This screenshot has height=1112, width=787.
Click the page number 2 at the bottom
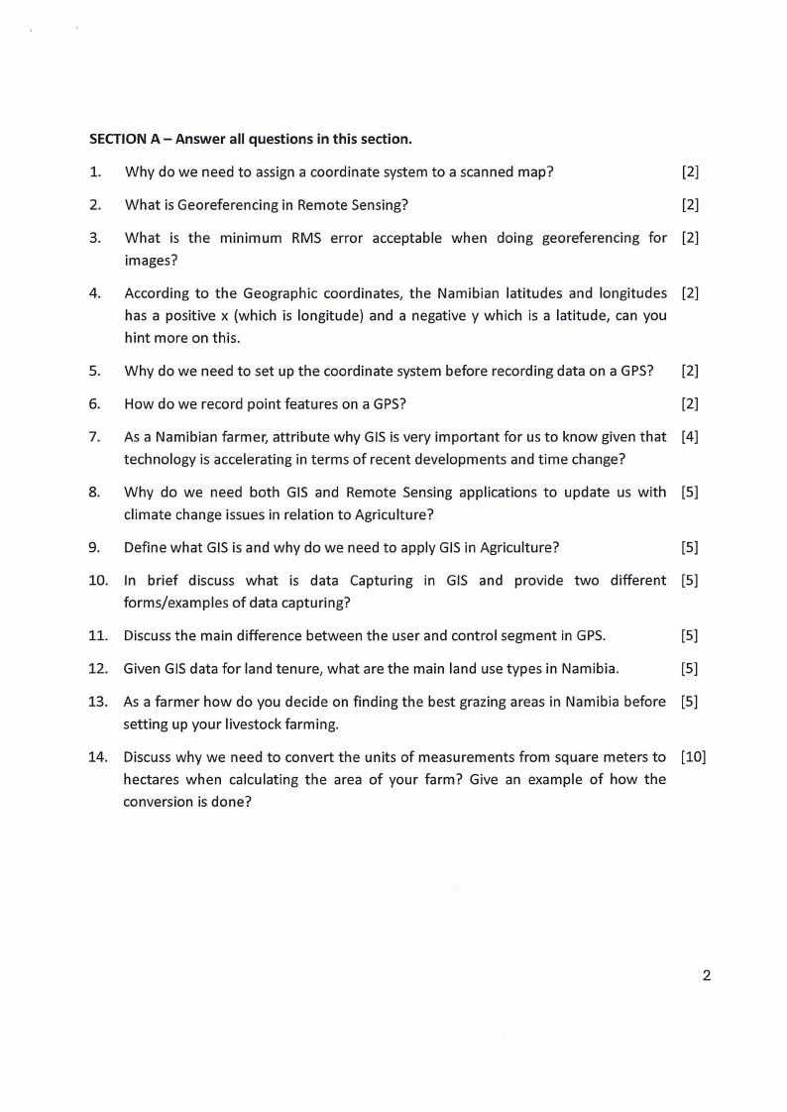[706, 975]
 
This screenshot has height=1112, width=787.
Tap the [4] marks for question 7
[690, 437]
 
